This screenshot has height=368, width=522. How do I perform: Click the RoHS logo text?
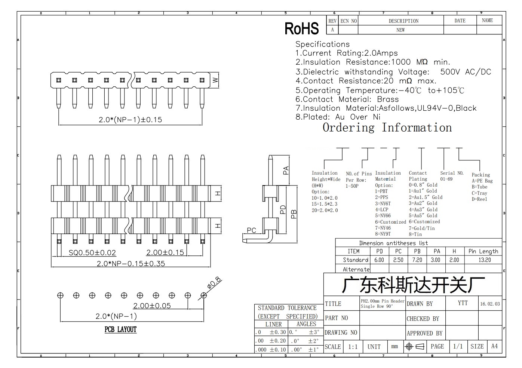(x=302, y=28)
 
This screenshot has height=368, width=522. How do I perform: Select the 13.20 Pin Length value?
(x=485, y=260)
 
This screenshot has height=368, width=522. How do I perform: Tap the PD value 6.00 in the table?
(x=379, y=260)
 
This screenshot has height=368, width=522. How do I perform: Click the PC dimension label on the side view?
(x=251, y=230)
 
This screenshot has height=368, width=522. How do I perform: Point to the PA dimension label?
(x=286, y=171)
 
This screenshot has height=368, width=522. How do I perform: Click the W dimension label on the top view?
(x=215, y=80)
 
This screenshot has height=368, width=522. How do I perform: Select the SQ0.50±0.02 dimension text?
(x=92, y=253)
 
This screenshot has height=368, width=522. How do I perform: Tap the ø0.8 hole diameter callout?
(x=214, y=283)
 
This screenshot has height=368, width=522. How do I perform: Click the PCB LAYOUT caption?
(x=120, y=329)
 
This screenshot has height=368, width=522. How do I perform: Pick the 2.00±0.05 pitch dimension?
(x=152, y=306)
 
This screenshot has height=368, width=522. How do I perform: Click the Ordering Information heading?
(x=387, y=128)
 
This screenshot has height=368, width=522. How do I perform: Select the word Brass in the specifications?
(x=388, y=99)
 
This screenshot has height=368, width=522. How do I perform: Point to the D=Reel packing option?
(x=479, y=199)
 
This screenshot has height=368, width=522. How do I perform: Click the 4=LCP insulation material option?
(x=382, y=209)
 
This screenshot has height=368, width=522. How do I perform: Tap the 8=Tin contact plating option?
(x=415, y=234)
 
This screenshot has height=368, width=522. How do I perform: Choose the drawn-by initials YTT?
(x=463, y=303)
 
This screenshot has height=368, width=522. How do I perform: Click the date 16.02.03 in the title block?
(x=490, y=304)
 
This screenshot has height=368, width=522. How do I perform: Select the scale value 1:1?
(x=353, y=347)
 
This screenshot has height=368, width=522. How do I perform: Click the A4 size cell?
(x=494, y=346)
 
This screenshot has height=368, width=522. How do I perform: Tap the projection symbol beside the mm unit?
(x=415, y=347)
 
